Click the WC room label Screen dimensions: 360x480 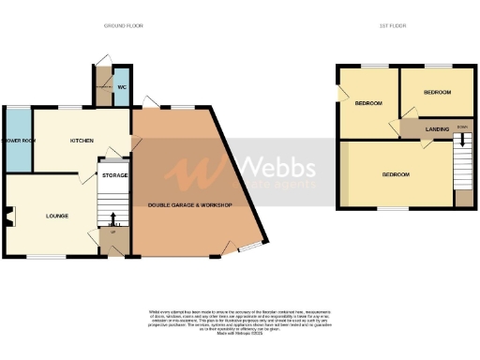pyautogui.click(x=122, y=87)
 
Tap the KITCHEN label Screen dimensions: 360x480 pyautogui.click(x=82, y=141)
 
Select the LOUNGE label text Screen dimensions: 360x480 pyautogui.click(x=58, y=216)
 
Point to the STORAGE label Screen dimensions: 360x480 pyautogui.click(x=114, y=175)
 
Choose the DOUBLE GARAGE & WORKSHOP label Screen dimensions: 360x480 pyautogui.click(x=190, y=204)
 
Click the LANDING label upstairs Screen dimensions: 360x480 pyautogui.click(x=437, y=128)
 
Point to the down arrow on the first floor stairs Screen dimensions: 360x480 pyautogui.click(x=462, y=142)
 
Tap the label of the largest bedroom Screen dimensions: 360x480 pyautogui.click(x=396, y=174)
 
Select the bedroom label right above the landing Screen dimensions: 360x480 pyautogui.click(x=437, y=93)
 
